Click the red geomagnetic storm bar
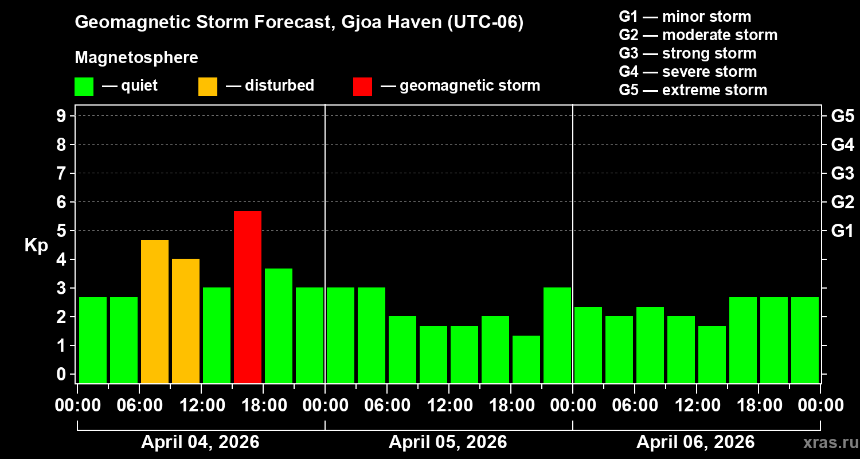(x=248, y=297)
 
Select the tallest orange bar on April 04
(x=155, y=311)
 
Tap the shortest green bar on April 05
(x=526, y=359)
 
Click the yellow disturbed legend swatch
(x=208, y=87)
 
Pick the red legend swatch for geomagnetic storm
(x=362, y=87)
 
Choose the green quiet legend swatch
(x=84, y=87)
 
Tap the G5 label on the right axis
(x=842, y=116)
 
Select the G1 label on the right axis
(x=842, y=231)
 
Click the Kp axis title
(x=36, y=246)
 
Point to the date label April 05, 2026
(x=448, y=442)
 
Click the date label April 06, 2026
(x=695, y=442)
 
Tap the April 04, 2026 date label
(x=200, y=442)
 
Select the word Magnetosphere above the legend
(x=136, y=58)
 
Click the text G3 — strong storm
(x=687, y=53)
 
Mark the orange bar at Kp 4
(x=186, y=321)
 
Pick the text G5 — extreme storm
(x=693, y=90)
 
